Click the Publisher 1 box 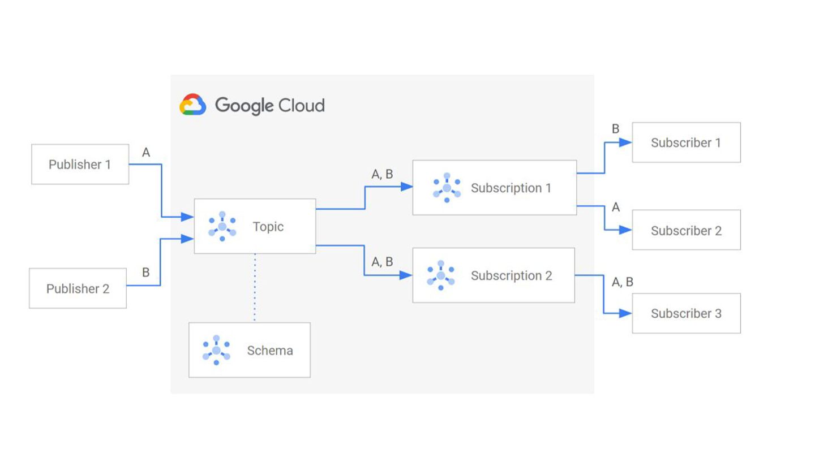click(80, 165)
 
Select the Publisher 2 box click(78, 288)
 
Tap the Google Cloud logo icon click(192, 105)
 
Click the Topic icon click(222, 226)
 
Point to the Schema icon click(216, 350)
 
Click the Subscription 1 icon click(447, 188)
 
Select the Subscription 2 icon click(441, 275)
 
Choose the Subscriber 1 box click(686, 142)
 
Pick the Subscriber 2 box click(686, 230)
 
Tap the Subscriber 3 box click(686, 313)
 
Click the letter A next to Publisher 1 click(146, 153)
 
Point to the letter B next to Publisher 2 click(146, 273)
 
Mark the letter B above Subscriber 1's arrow click(616, 129)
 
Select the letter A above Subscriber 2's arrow click(616, 208)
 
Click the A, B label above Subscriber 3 click(623, 282)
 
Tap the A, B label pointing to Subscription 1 click(382, 175)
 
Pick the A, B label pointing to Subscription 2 click(382, 262)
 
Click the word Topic click(268, 227)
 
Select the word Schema click(270, 351)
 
